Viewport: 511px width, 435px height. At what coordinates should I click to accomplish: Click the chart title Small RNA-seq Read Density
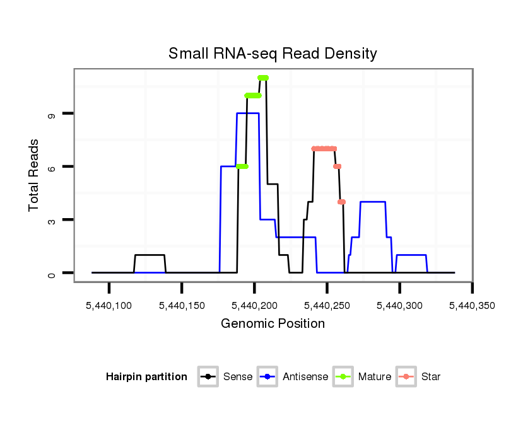pyautogui.click(x=273, y=54)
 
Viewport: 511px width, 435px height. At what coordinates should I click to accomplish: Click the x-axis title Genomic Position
pyautogui.click(x=273, y=324)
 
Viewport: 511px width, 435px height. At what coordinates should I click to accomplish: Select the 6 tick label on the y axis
pyautogui.click(x=52, y=167)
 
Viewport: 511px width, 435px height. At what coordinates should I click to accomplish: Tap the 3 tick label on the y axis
pyautogui.click(x=52, y=220)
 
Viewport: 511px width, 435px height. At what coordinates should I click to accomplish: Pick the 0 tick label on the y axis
pyautogui.click(x=52, y=274)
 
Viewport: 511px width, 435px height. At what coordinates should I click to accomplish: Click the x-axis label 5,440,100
pyautogui.click(x=109, y=306)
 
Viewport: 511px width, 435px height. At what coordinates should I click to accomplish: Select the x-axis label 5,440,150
pyautogui.click(x=182, y=306)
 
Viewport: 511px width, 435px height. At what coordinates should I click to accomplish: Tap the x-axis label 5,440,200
pyautogui.click(x=254, y=306)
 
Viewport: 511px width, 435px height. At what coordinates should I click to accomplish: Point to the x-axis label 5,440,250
pyautogui.click(x=327, y=306)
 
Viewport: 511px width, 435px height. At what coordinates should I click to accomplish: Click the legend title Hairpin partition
pyautogui.click(x=146, y=377)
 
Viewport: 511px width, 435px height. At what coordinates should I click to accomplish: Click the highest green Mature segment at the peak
pyautogui.click(x=263, y=78)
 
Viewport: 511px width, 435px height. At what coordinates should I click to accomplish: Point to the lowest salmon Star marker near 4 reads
pyautogui.click(x=341, y=202)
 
